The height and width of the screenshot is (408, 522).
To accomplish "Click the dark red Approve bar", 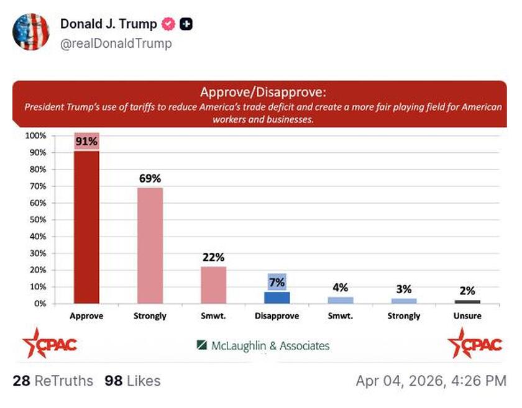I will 86,227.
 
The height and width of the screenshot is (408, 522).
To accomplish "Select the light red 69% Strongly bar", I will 150,245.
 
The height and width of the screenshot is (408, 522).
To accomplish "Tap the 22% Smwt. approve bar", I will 213,284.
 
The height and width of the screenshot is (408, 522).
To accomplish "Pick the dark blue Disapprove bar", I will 277,297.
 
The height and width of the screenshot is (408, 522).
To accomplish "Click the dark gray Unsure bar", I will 467,302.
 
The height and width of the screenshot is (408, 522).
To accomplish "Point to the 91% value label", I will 86,142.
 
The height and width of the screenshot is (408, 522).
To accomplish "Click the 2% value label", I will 467,290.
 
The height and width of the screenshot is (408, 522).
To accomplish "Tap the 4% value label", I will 340,287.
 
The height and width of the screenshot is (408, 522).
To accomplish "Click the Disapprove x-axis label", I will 277,316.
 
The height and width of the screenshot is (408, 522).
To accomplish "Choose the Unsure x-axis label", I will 467,316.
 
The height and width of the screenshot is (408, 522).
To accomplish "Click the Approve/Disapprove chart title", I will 262,93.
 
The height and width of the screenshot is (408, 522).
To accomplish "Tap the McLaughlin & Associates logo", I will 263,346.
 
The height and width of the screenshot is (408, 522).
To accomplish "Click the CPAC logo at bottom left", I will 49,343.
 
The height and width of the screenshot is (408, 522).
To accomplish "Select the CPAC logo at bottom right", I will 475,343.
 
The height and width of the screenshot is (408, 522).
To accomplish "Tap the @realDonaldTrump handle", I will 116,43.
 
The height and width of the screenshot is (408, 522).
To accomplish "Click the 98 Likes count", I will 132,381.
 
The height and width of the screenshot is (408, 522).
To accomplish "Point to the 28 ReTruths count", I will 53,381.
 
